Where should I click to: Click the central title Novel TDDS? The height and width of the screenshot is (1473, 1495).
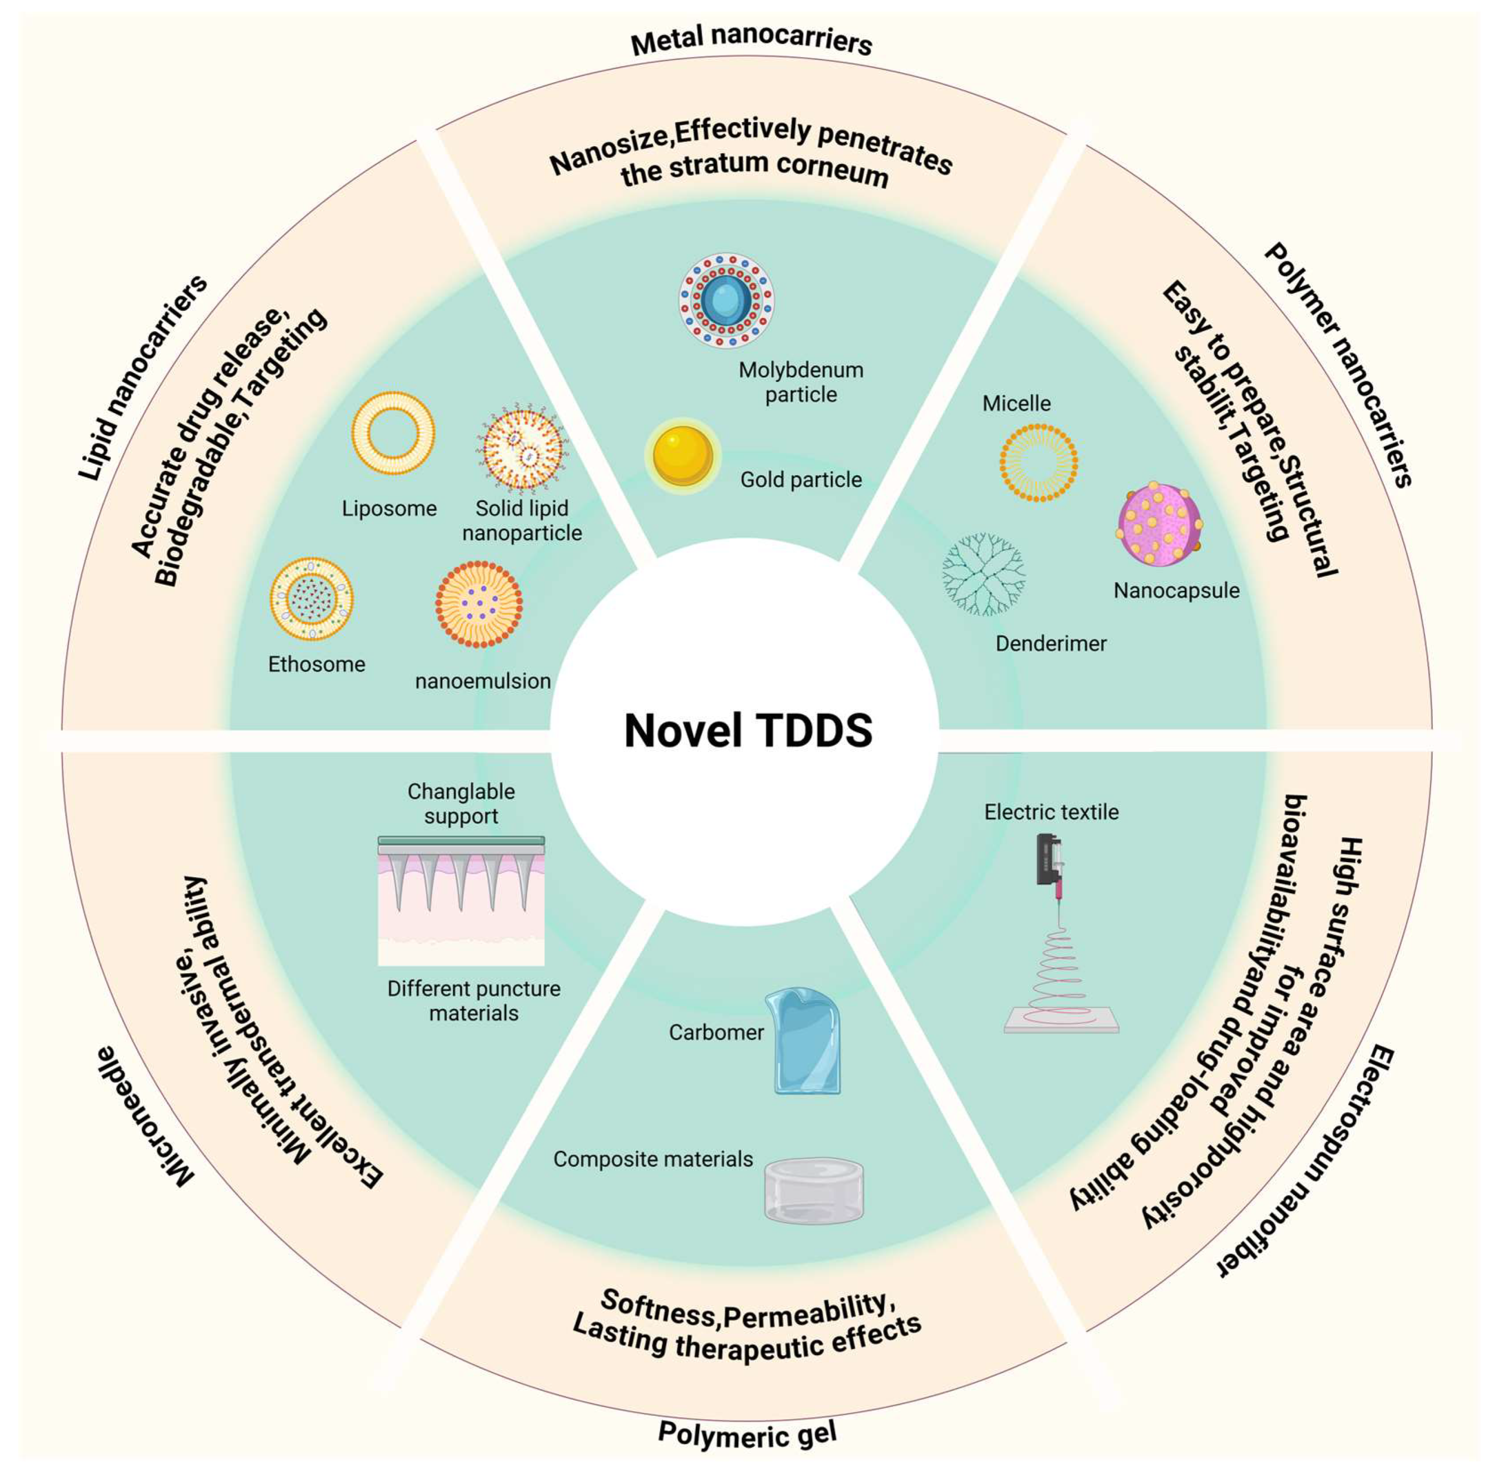pyautogui.click(x=747, y=730)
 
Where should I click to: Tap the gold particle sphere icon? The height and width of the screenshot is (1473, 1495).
pyautogui.click(x=682, y=456)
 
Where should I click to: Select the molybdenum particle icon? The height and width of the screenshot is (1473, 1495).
pyautogui.click(x=726, y=300)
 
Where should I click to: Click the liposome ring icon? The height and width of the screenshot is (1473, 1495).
pyautogui.click(x=392, y=432)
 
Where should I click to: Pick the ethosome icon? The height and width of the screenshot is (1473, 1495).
pyautogui.click(x=312, y=598)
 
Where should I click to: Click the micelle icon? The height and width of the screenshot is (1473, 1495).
pyautogui.click(x=1038, y=462)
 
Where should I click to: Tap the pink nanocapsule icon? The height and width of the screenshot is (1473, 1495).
pyautogui.click(x=1158, y=525)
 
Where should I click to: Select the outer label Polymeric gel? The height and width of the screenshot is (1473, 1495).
pyautogui.click(x=747, y=1434)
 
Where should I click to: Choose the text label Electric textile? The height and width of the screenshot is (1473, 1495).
pyautogui.click(x=1051, y=812)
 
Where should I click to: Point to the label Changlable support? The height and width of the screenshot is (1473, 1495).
pyautogui.click(x=461, y=803)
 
